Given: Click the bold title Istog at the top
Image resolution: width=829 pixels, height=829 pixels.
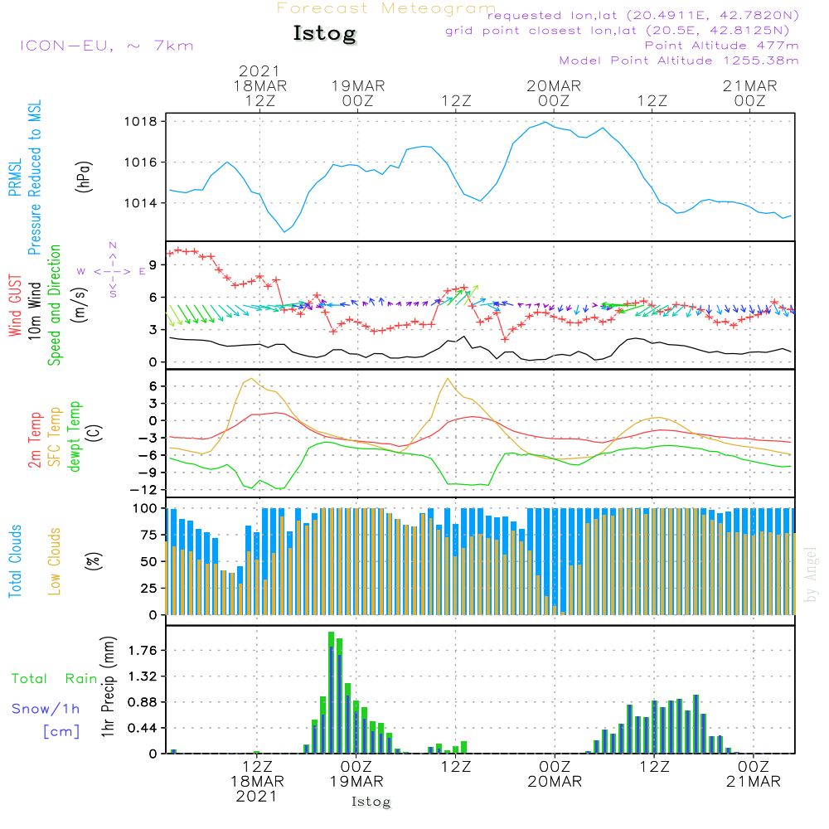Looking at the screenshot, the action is coord(325,34).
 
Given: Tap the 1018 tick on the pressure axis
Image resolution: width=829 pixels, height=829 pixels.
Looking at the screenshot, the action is coord(141,122).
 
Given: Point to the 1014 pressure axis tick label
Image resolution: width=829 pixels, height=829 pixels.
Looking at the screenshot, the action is coord(141,203).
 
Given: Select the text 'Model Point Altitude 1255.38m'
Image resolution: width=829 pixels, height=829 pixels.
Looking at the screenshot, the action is coord(679,61).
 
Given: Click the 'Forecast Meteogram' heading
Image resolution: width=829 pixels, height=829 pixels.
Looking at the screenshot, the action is coord(386,8).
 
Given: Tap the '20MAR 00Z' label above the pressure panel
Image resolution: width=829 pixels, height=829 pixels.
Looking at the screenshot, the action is coord(554,93).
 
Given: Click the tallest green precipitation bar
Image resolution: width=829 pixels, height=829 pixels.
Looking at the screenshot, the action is coord(331,692).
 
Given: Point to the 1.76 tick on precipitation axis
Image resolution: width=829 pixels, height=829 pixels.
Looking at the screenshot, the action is coord(143,650).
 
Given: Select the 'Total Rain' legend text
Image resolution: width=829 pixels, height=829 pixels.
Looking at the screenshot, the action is coord(54,679).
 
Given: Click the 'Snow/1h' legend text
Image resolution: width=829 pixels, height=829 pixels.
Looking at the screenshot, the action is coord(46,709).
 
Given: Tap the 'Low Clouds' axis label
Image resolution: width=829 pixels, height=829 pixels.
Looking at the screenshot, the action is coord(55,561).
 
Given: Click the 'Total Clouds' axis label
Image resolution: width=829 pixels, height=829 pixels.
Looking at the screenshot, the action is coord(15,561).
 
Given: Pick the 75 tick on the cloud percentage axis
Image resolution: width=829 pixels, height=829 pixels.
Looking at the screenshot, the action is coord(148,535).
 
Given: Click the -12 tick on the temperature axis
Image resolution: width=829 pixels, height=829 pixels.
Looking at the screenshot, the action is coord(143,490).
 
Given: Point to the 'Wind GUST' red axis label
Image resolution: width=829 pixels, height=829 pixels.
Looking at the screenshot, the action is coord(15,306).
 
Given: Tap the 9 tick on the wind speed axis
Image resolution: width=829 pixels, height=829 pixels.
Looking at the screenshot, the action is coord(153,265).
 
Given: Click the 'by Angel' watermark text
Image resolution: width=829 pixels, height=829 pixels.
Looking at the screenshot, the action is coord(811,574).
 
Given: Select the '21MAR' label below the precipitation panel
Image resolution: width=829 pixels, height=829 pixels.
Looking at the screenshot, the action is coord(753,782).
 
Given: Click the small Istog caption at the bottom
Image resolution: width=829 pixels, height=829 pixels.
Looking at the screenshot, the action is coord(371,802).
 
